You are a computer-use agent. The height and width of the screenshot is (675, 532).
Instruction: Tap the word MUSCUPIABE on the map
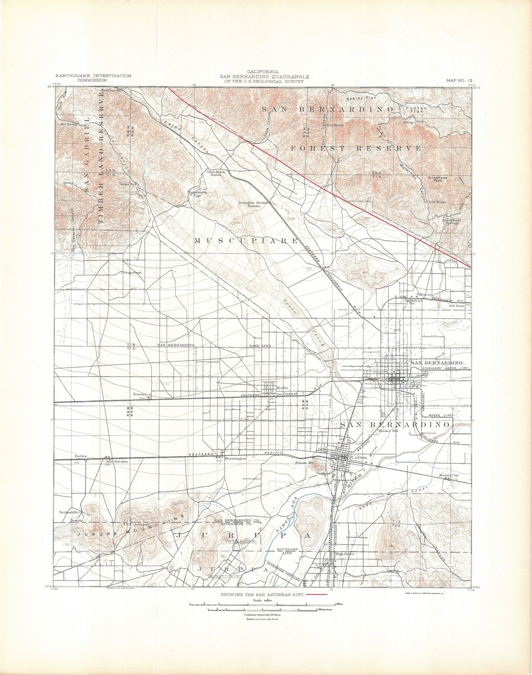[x=246, y=241]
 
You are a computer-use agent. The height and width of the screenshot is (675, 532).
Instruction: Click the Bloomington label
[x=235, y=458]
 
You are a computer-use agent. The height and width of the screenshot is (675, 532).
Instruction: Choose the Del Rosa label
[x=457, y=306]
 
